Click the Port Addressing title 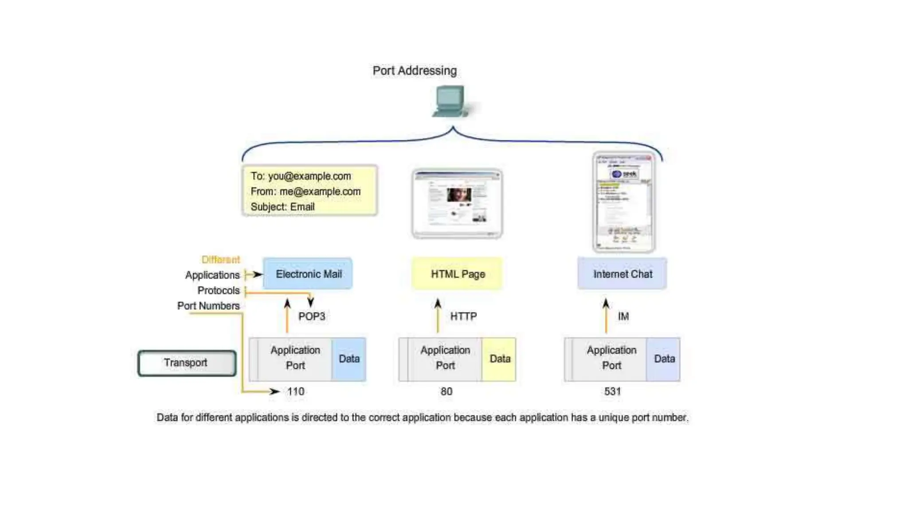point(415,71)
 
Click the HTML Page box point(458,274)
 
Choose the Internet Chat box point(622,274)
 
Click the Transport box point(187,363)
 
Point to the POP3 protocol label point(312,317)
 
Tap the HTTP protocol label point(463,317)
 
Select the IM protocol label point(623,317)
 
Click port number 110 point(296,392)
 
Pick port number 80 point(446,392)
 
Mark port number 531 point(612,392)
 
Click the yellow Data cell point(499,359)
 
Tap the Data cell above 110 point(349,359)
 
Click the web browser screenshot point(457,203)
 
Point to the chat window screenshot point(624,202)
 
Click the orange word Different point(220,260)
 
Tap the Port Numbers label point(208,306)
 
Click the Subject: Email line point(282,207)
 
